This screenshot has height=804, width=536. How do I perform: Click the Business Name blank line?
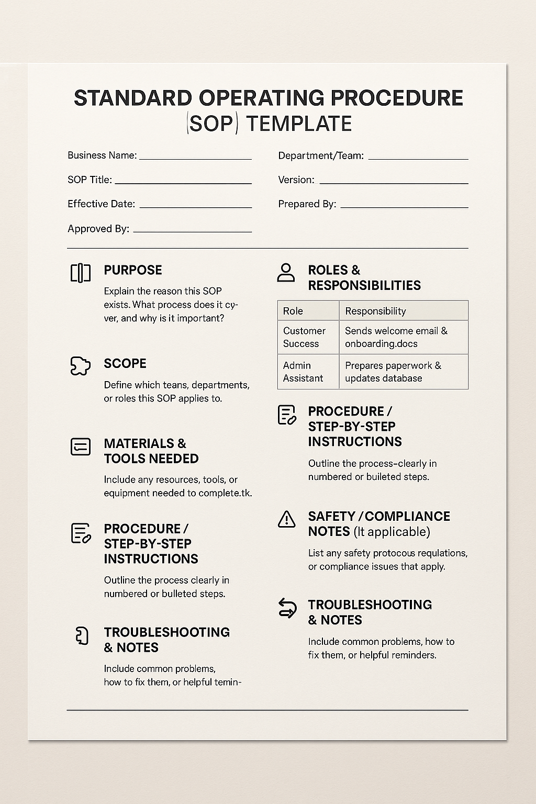195,158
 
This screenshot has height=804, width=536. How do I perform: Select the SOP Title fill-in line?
183,183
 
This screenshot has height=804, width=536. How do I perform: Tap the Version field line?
394,183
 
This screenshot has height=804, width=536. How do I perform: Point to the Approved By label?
98,229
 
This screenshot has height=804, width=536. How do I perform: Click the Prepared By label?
307,204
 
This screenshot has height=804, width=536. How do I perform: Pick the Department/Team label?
321,155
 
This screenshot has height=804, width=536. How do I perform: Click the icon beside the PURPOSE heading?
81,273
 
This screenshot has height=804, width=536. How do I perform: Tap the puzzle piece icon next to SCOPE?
81,366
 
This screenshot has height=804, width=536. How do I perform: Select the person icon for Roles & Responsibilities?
286,273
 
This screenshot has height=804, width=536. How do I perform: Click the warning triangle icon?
287,519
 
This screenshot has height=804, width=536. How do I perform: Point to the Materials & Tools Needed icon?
81,446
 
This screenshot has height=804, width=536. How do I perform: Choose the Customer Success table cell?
308,337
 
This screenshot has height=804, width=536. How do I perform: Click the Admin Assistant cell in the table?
308,372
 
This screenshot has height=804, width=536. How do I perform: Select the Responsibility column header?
403,311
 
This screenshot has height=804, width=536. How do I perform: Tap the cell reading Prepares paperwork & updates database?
403,372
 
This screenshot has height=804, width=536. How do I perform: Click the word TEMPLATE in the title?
299,124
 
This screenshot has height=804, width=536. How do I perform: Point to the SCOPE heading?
125,363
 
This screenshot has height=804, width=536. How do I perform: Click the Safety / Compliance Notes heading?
379,523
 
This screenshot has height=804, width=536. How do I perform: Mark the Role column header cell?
308,311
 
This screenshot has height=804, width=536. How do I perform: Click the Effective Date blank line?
196,207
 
